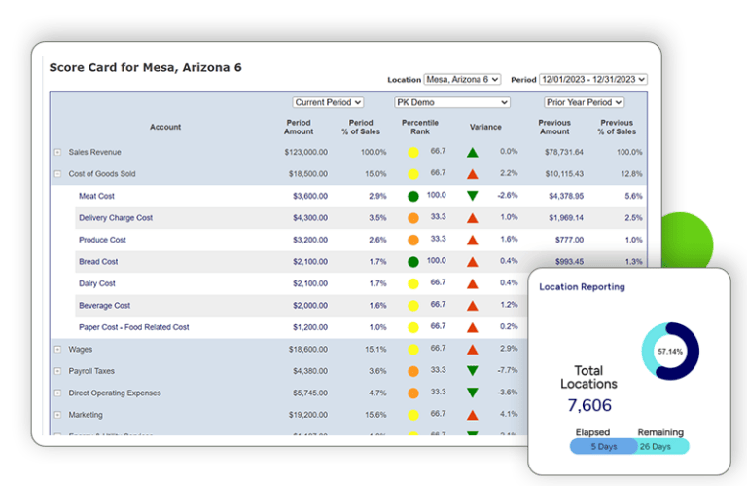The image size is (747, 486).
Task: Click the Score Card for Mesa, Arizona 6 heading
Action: coord(145,67)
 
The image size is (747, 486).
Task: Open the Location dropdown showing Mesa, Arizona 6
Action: coord(462,79)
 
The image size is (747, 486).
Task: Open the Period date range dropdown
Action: coord(592,79)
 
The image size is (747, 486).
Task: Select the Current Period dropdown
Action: coord(328,102)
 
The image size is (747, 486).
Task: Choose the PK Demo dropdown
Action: coord(451,102)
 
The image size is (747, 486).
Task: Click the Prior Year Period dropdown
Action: coord(584,102)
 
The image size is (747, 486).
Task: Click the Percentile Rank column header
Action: coord(420,127)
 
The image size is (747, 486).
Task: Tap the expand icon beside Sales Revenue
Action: coord(57,152)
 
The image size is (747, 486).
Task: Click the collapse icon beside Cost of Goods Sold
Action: coord(57,174)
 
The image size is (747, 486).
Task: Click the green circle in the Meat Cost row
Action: coord(413,196)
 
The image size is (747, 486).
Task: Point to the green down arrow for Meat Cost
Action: coord(472,196)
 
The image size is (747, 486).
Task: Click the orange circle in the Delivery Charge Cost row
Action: coord(413,218)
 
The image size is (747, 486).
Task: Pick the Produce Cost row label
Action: coord(102,240)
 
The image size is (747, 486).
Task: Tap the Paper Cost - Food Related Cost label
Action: coord(133,327)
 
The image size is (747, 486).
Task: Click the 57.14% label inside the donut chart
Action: coord(671,350)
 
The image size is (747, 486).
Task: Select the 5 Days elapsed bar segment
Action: coord(603,446)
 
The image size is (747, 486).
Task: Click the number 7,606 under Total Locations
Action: coord(588,404)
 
